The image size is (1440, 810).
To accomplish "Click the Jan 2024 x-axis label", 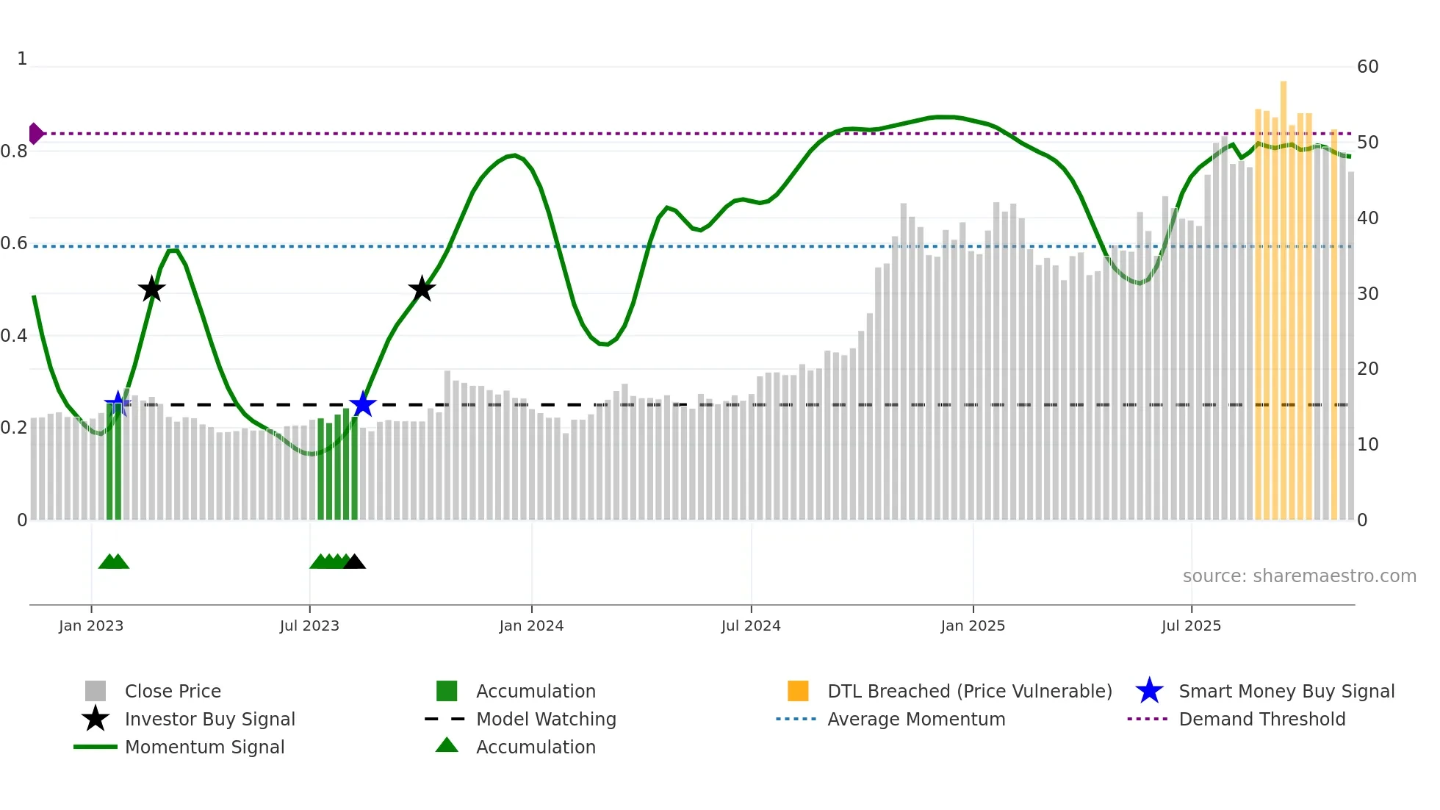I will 531,626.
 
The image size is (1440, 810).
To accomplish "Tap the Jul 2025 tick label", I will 1191,626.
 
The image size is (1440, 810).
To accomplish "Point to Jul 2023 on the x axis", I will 309,626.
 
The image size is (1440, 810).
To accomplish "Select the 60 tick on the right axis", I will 1368,67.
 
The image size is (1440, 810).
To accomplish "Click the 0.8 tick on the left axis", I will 14,151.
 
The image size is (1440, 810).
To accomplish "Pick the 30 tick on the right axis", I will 1368,294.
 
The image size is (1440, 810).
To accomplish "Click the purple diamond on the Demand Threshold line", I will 35,134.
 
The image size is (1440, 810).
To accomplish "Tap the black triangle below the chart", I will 354,562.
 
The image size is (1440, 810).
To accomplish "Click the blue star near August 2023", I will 362,404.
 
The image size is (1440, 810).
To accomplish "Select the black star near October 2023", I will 422,289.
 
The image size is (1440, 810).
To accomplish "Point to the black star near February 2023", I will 151,289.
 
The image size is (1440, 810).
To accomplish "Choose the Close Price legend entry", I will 173,691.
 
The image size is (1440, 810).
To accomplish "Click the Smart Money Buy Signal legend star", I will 1149,691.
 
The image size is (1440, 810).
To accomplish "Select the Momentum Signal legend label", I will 204,747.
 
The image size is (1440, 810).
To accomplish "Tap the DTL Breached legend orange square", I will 798,691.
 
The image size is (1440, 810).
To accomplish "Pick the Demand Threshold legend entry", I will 1261,719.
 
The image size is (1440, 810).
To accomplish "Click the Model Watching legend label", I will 546,719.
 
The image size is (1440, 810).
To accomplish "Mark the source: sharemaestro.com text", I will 1299,576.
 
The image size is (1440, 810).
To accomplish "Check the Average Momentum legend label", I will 916,719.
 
